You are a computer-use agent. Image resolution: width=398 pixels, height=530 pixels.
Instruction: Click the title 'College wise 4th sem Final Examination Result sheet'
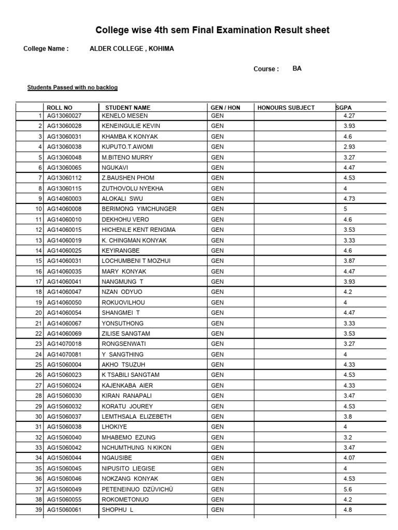pyautogui.click(x=212, y=31)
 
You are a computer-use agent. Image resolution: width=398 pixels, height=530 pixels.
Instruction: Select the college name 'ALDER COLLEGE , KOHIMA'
pyautogui.click(x=132, y=49)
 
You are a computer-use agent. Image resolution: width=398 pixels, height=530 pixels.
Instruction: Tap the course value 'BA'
pyautogui.click(x=297, y=68)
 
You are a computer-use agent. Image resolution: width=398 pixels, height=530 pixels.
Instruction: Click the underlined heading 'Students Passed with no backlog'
pyautogui.click(x=73, y=88)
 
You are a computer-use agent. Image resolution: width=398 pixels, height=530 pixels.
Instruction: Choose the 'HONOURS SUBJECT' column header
pyautogui.click(x=286, y=108)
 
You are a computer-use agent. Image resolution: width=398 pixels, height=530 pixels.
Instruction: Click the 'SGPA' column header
pyautogui.click(x=344, y=108)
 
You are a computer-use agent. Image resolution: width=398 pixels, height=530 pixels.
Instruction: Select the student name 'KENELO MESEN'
pyautogui.click(x=125, y=115)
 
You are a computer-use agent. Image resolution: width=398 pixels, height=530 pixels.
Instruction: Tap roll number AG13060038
pyautogui.click(x=64, y=147)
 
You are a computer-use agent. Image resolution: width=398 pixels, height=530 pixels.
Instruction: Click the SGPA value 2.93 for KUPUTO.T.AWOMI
pyautogui.click(x=349, y=147)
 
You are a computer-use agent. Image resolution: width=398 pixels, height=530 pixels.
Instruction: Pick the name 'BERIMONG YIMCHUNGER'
pyautogui.click(x=139, y=209)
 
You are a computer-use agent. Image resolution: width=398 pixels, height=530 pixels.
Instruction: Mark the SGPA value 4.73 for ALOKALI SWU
pyautogui.click(x=349, y=199)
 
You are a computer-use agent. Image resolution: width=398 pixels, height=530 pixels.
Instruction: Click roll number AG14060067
pyautogui.click(x=64, y=323)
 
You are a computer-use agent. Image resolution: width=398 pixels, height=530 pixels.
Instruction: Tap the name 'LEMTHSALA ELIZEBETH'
pyautogui.click(x=137, y=416)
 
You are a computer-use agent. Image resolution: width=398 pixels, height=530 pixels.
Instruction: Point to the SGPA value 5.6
pyautogui.click(x=347, y=489)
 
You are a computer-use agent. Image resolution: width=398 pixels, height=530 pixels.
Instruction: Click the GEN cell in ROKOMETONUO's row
pyautogui.click(x=218, y=499)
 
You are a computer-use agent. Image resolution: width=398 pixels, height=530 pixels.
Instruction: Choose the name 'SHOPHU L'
pyautogui.click(x=118, y=510)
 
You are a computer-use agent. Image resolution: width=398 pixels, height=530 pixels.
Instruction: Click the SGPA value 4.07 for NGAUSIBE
pyautogui.click(x=349, y=458)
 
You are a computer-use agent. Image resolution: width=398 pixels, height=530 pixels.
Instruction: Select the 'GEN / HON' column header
pyautogui.click(x=225, y=108)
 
